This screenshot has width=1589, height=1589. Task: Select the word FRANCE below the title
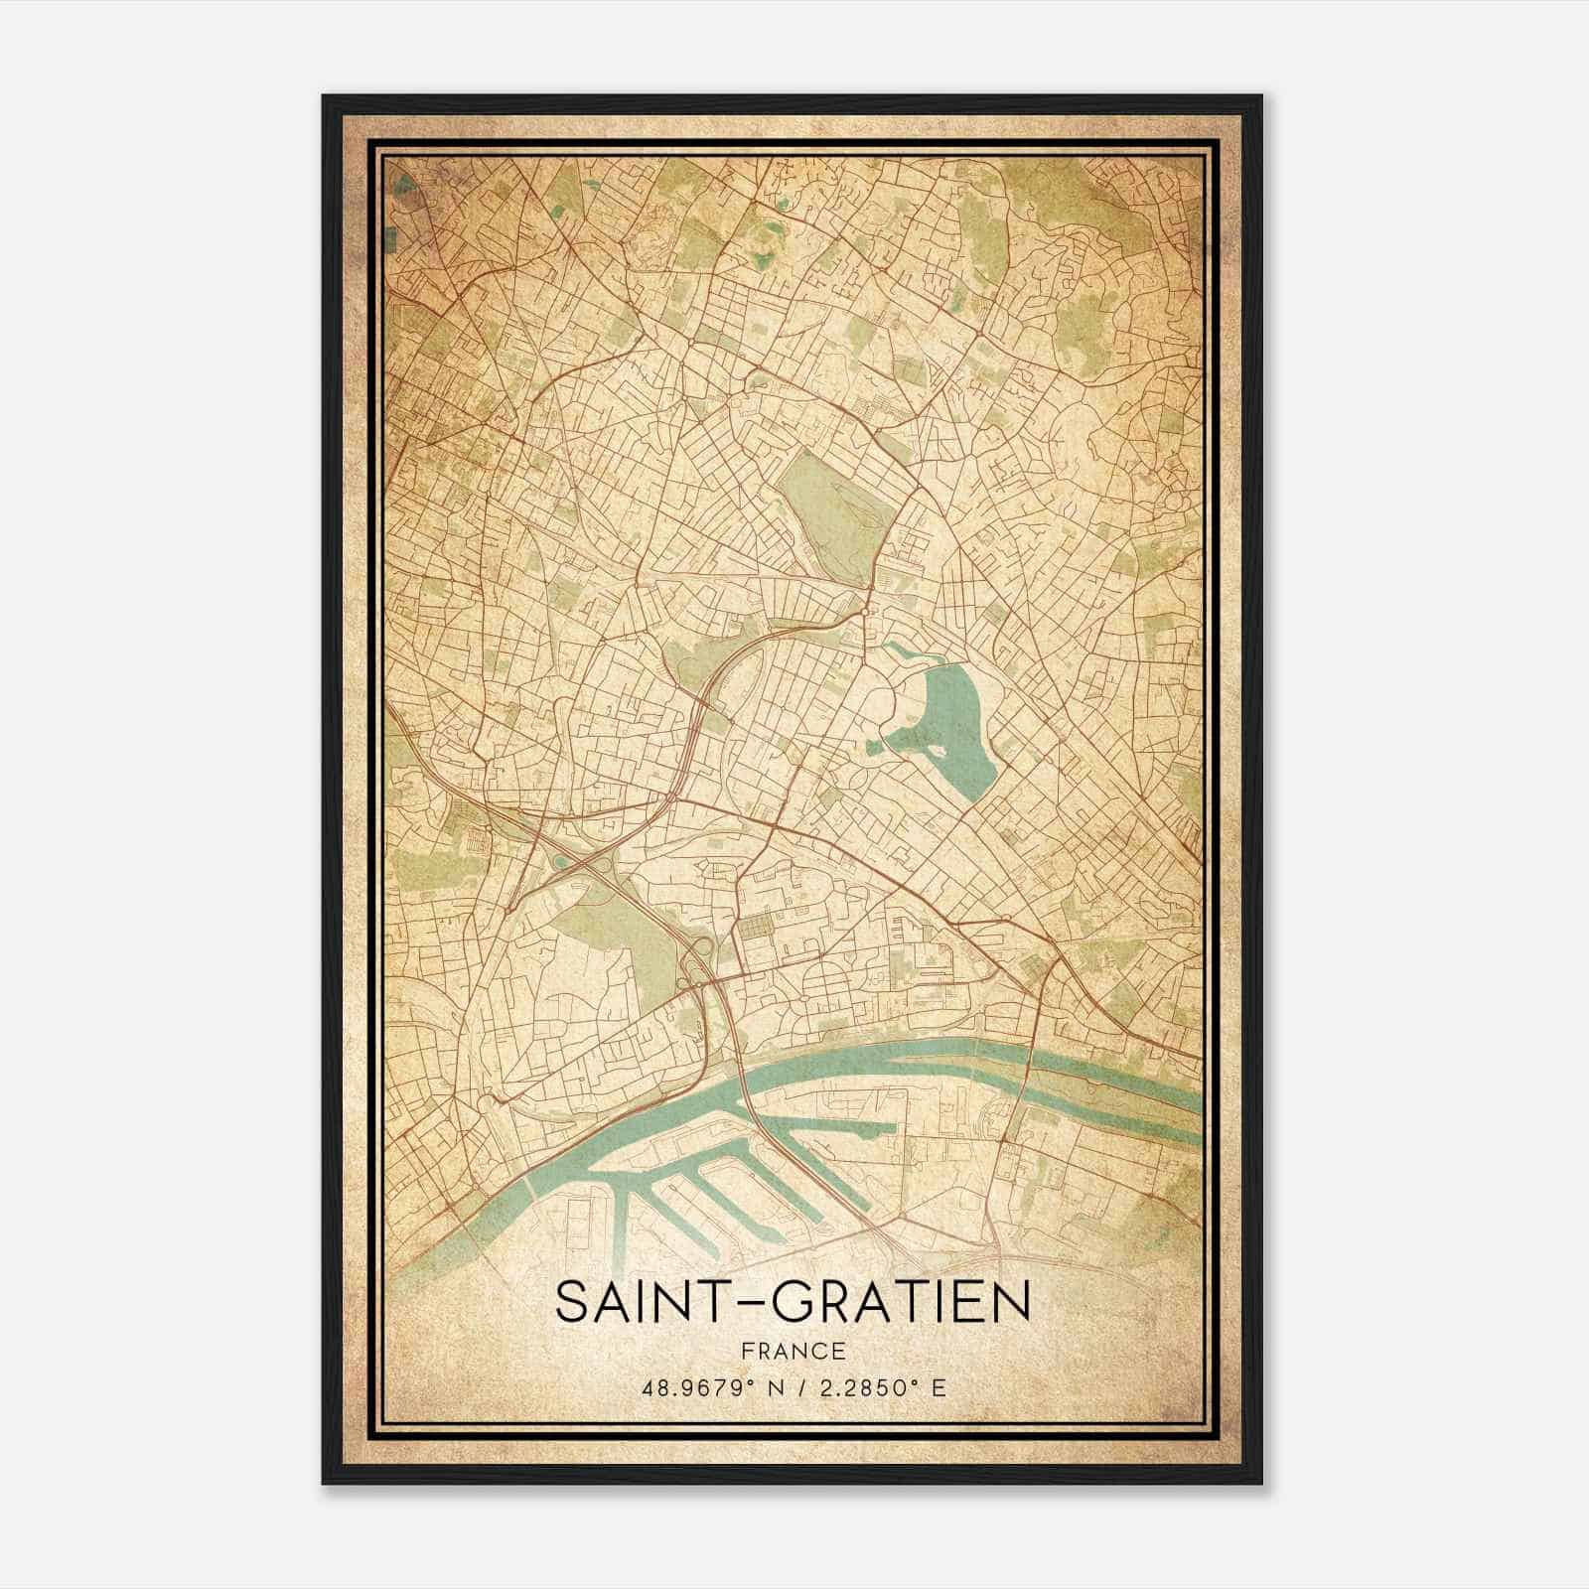pos(793,1351)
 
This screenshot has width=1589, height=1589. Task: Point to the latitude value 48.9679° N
pos(713,1386)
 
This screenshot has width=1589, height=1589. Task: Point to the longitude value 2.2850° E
pos(880,1386)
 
